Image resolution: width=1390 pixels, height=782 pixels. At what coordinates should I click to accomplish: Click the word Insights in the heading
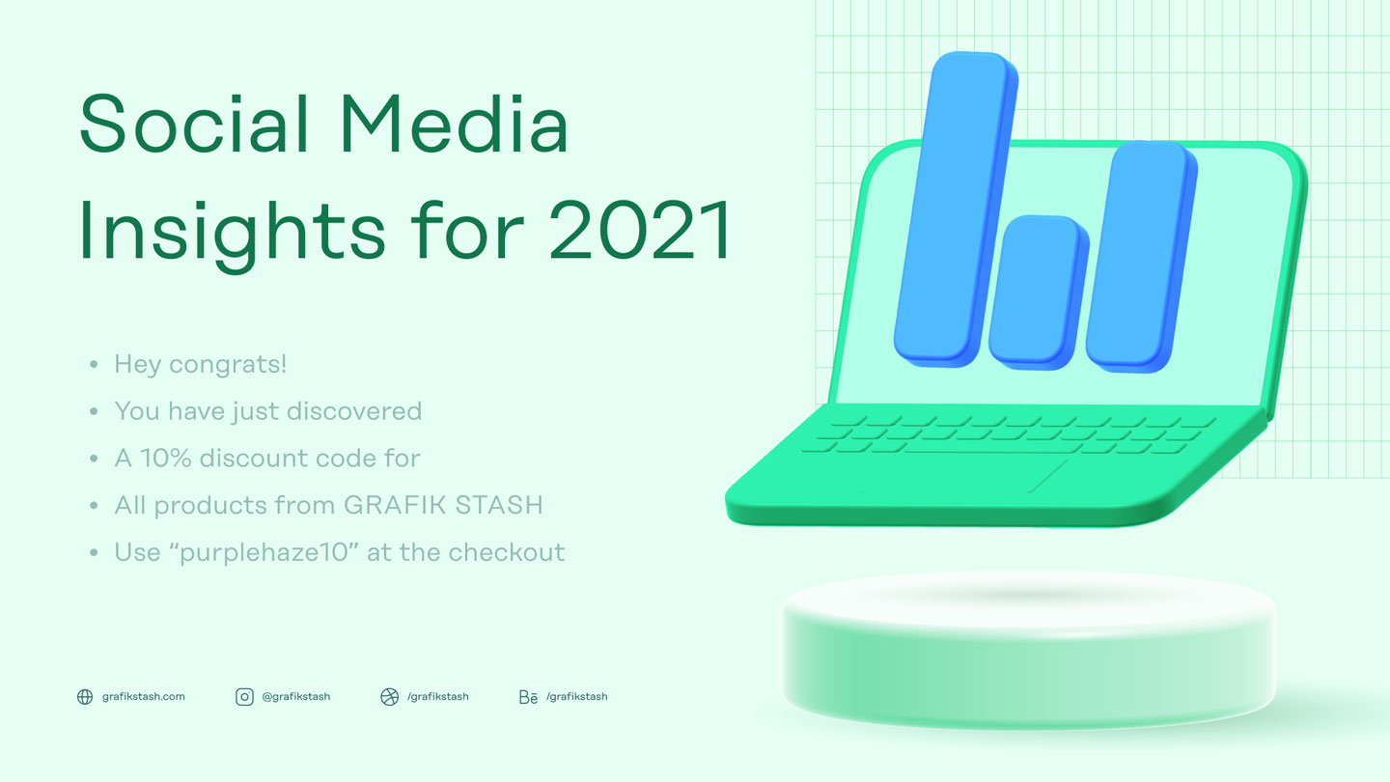pos(232,232)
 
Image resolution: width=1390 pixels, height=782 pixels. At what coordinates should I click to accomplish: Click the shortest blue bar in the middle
pos(1034,290)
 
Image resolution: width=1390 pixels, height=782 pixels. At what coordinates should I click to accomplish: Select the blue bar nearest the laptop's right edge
pos(1139,256)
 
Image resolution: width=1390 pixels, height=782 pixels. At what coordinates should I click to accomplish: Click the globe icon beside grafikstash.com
pos(85,697)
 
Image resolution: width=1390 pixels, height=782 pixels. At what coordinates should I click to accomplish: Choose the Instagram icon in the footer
pos(244,697)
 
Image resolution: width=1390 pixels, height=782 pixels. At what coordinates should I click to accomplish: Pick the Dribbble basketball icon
pos(389,697)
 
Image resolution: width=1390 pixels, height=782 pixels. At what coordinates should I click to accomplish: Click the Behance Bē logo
pos(528,697)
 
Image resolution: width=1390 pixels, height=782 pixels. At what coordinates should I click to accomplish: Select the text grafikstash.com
pos(144,697)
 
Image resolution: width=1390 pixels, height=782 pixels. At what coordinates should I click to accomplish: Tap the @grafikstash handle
pos(296,697)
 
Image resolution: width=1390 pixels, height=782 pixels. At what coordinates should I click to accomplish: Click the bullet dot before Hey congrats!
pos(94,365)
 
